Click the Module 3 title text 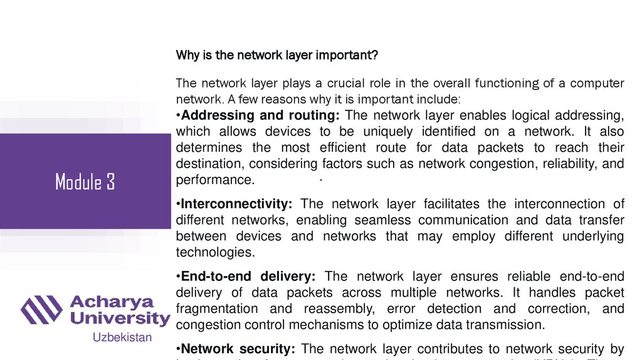coord(85,182)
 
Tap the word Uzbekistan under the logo coord(122,337)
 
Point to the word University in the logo coord(120,318)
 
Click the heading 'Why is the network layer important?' coord(276,55)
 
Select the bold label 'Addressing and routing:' coord(258,115)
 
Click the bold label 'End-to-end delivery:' coord(247,277)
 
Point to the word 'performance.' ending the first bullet coord(215,180)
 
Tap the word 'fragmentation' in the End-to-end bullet coord(217,309)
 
